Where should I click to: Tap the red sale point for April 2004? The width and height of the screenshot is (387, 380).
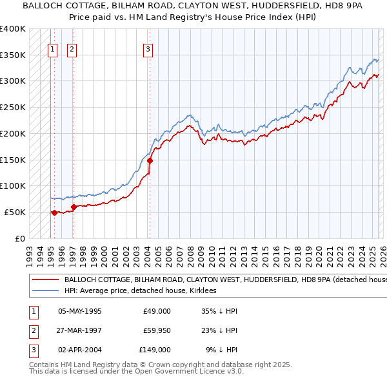tap(150, 160)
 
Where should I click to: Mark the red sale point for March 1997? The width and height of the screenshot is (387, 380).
tap(74, 207)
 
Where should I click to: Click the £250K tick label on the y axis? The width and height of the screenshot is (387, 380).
tap(13, 108)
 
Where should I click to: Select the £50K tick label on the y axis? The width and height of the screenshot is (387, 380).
tap(15, 212)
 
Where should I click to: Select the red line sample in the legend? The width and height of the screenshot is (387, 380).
tap(44, 280)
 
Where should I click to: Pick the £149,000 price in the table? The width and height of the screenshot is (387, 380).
tap(154, 350)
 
